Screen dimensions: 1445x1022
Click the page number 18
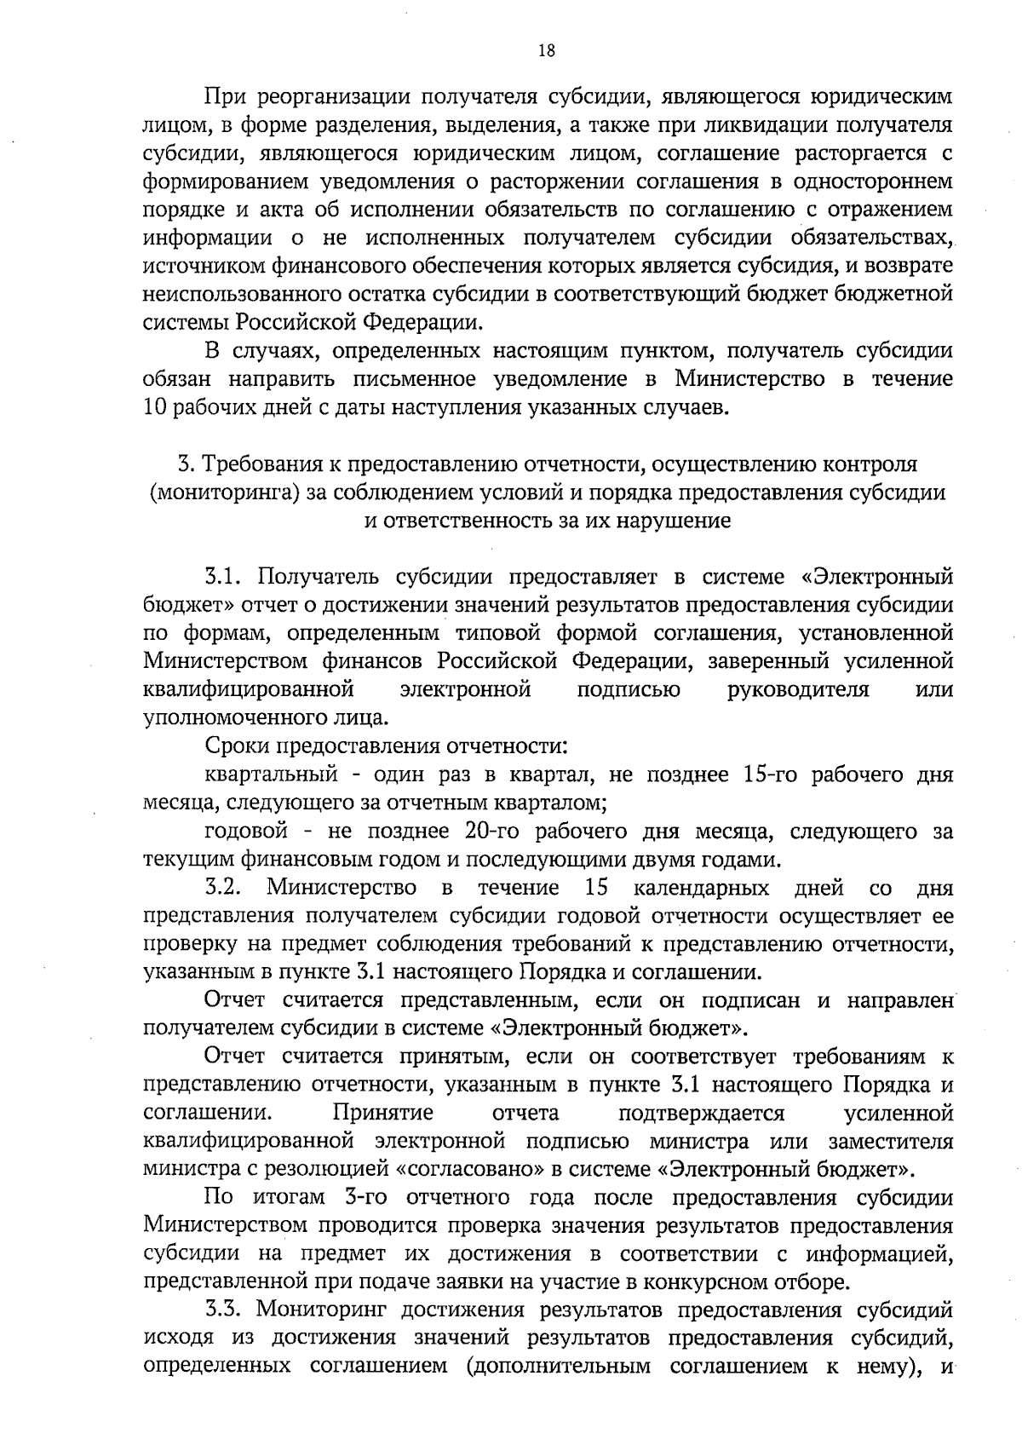click(547, 50)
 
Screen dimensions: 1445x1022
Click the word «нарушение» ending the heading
click(682, 521)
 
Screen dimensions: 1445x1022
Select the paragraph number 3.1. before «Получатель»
click(225, 577)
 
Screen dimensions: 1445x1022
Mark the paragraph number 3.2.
click(225, 888)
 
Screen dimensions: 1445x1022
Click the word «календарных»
click(701, 888)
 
